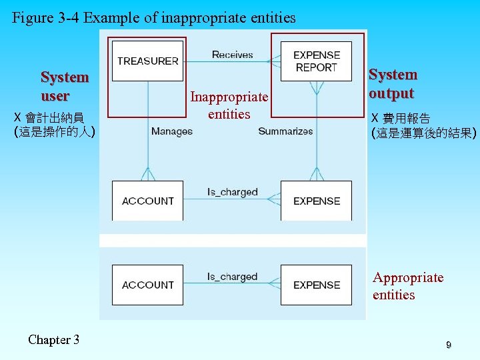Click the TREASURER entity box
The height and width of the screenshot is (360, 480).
147,61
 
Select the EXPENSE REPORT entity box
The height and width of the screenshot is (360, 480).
316,61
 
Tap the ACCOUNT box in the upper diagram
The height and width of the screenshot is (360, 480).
147,201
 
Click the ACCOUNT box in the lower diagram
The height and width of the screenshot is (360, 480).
147,285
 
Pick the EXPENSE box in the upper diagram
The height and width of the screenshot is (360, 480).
316,201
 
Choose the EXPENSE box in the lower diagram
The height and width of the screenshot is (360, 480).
316,285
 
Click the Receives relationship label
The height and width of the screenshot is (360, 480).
232,55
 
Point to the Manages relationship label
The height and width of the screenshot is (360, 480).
171,131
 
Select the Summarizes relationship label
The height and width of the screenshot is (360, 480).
285,131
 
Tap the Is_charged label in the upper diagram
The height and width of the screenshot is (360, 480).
232,192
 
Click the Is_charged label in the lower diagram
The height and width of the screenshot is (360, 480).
232,276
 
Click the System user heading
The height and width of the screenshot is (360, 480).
64,86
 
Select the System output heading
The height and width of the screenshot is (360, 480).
393,83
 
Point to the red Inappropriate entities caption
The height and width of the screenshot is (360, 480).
229,105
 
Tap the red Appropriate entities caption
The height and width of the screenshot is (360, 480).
407,286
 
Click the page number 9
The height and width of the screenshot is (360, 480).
449,345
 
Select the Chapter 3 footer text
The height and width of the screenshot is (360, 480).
53,340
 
